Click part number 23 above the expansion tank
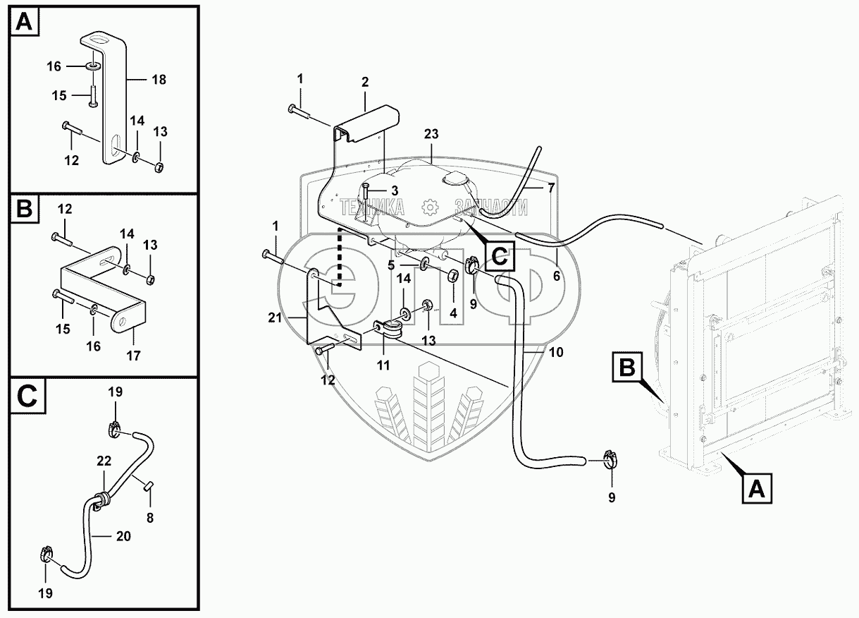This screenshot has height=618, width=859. tap(431, 134)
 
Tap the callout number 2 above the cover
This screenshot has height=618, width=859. tap(365, 82)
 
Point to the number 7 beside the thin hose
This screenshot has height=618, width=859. tap(550, 188)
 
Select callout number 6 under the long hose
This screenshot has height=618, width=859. tap(557, 276)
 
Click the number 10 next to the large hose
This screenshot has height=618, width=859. tap(556, 352)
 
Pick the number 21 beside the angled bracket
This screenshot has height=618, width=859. tap(275, 318)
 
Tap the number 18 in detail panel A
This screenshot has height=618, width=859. tap(159, 80)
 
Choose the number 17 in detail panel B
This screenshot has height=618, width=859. tap(133, 356)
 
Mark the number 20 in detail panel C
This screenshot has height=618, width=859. tap(123, 536)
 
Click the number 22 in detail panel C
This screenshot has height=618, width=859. tap(104, 461)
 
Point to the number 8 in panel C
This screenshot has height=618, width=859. tap(150, 519)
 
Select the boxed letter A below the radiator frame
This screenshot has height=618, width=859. tap(757, 489)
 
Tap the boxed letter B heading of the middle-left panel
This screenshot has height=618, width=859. tap(25, 210)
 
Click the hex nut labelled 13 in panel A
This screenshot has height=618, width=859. tap(159, 167)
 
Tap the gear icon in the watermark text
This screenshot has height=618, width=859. tap(430, 207)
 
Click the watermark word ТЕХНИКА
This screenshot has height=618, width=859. tap(371, 207)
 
